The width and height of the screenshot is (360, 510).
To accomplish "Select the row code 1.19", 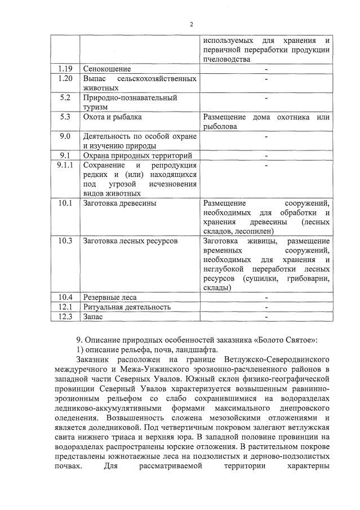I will pos(65,69).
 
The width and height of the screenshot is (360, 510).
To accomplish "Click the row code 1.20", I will pos(65,78).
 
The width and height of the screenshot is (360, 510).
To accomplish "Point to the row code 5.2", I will pos(65,97).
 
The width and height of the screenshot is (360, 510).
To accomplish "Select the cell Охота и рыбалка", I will pos(112,117).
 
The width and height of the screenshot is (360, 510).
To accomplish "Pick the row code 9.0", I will pos(65,136).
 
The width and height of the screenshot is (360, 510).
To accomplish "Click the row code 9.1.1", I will pos(65,165).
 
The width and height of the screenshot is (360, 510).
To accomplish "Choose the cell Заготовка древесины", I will pos(119,203).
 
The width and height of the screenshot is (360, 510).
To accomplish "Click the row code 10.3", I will pos(65,241).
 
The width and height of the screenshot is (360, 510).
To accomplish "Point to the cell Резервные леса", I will pos(110,297).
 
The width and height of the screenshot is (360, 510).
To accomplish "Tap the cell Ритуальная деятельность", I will pos(127,307).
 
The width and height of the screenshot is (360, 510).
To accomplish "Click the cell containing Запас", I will pos(94,316).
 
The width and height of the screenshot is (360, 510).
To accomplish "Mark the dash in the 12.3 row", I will pos(265,316).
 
